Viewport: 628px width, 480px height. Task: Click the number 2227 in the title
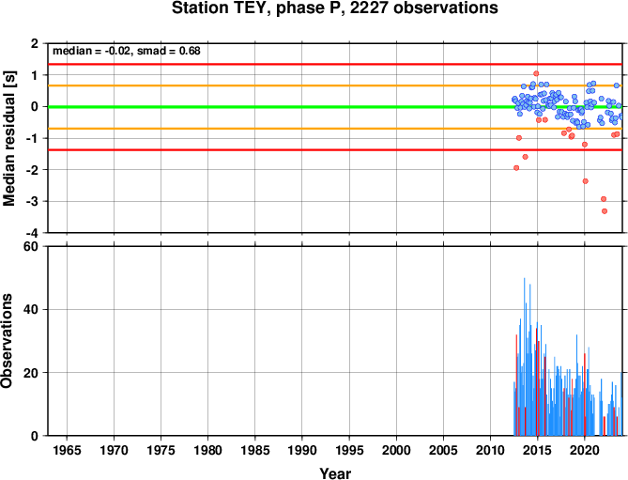[369, 8]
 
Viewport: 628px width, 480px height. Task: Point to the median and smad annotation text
[127, 51]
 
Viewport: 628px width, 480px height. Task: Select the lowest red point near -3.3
[605, 211]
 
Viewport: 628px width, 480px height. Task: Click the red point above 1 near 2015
[536, 73]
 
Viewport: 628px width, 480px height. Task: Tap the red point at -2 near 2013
[516, 168]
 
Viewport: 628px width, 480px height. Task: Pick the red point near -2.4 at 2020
[585, 181]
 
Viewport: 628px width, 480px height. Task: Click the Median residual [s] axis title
[8, 138]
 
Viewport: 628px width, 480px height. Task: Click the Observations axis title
[7, 341]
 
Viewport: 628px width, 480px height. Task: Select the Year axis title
[335, 473]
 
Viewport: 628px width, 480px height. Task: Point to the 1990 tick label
[302, 450]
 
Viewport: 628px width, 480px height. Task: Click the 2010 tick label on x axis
[490, 450]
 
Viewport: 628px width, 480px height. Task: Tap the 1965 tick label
[67, 450]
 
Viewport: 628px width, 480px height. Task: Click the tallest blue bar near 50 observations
[524, 357]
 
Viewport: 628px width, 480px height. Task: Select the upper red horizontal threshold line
[335, 64]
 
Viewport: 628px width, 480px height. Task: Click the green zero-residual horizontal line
[335, 107]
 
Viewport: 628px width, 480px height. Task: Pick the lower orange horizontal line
[335, 129]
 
